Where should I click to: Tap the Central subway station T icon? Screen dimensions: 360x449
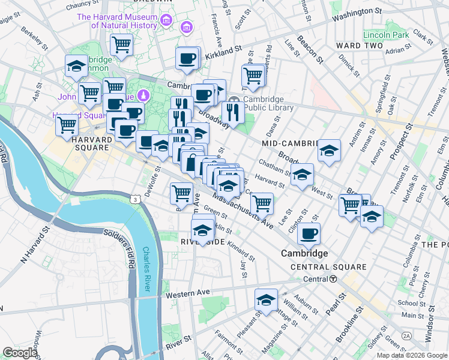[x=332, y=279]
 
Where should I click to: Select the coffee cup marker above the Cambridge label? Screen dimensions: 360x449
[x=309, y=234]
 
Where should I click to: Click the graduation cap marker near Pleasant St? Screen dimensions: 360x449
[x=266, y=301]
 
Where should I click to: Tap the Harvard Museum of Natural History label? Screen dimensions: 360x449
[x=125, y=22]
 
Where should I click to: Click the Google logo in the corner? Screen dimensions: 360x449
[x=20, y=353]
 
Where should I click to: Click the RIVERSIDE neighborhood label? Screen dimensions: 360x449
[x=202, y=241]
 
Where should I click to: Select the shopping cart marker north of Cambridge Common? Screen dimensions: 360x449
[x=121, y=44]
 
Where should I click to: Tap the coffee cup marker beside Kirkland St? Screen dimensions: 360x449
[x=187, y=59]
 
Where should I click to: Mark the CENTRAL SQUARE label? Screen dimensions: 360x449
[x=328, y=267]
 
